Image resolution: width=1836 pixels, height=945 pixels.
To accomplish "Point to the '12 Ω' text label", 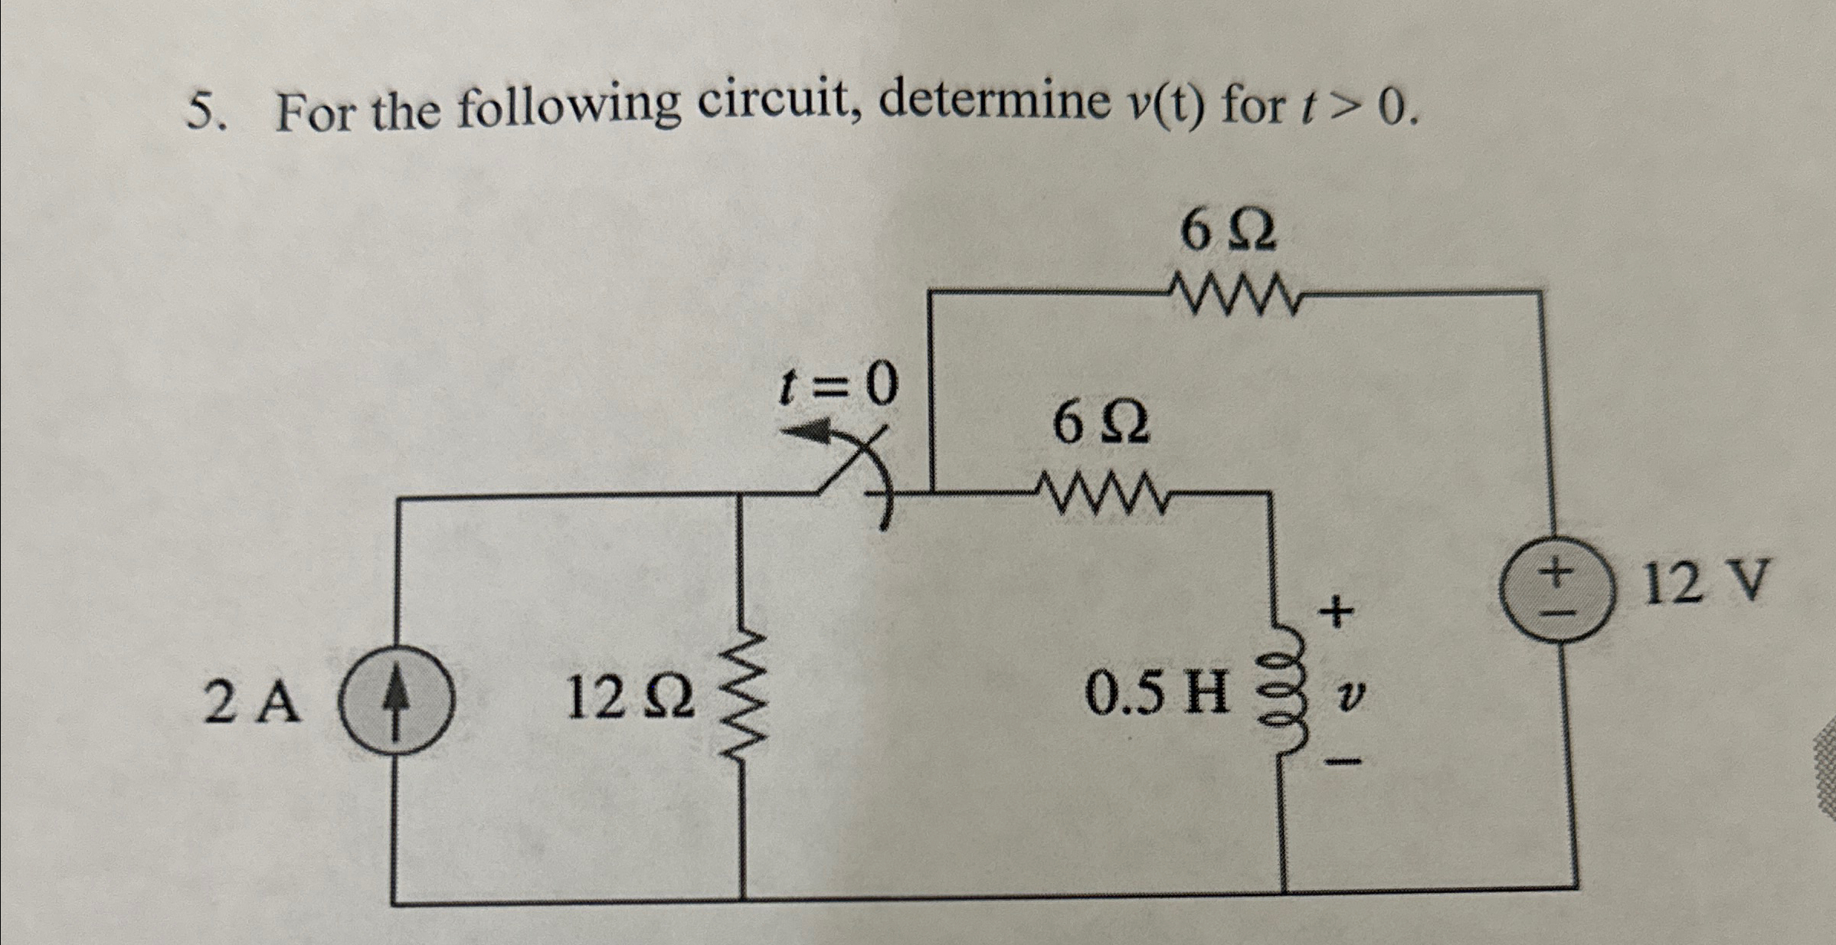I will [x=630, y=698].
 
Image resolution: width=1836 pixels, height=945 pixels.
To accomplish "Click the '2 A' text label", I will [x=250, y=703].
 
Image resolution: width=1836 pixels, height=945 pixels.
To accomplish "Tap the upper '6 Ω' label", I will [x=1228, y=231].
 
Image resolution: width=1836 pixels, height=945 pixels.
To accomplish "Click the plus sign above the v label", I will [x=1336, y=613].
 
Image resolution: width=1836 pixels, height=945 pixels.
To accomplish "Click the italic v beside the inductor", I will [x=1353, y=695].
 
